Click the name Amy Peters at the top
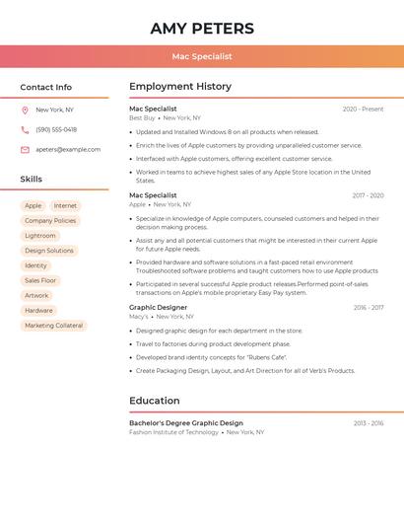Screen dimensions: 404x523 coord(202,29)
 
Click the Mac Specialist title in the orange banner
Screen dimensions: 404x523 coord(202,57)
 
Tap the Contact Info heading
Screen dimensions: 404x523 coord(46,87)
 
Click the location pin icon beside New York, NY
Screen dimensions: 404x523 coord(25,110)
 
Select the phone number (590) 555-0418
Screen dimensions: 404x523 coord(56,129)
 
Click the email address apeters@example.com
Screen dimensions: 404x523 coord(68,149)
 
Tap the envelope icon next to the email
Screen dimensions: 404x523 coord(25,149)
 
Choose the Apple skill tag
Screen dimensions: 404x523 coord(34,206)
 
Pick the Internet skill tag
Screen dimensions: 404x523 coord(65,206)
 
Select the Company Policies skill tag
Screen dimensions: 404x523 coord(50,221)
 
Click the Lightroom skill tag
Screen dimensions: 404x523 coord(40,236)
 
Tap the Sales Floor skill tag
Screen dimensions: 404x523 coord(40,280)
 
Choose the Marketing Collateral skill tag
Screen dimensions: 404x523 coord(54,325)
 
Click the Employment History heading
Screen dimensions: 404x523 coord(180,87)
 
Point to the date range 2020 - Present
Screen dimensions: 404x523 coord(363,109)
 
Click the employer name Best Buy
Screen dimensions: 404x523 coord(142,117)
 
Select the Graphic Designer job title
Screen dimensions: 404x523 coord(158,307)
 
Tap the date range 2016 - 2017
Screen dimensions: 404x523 coord(369,308)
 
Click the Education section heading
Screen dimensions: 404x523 coord(155,401)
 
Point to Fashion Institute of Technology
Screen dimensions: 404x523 coord(173,432)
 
